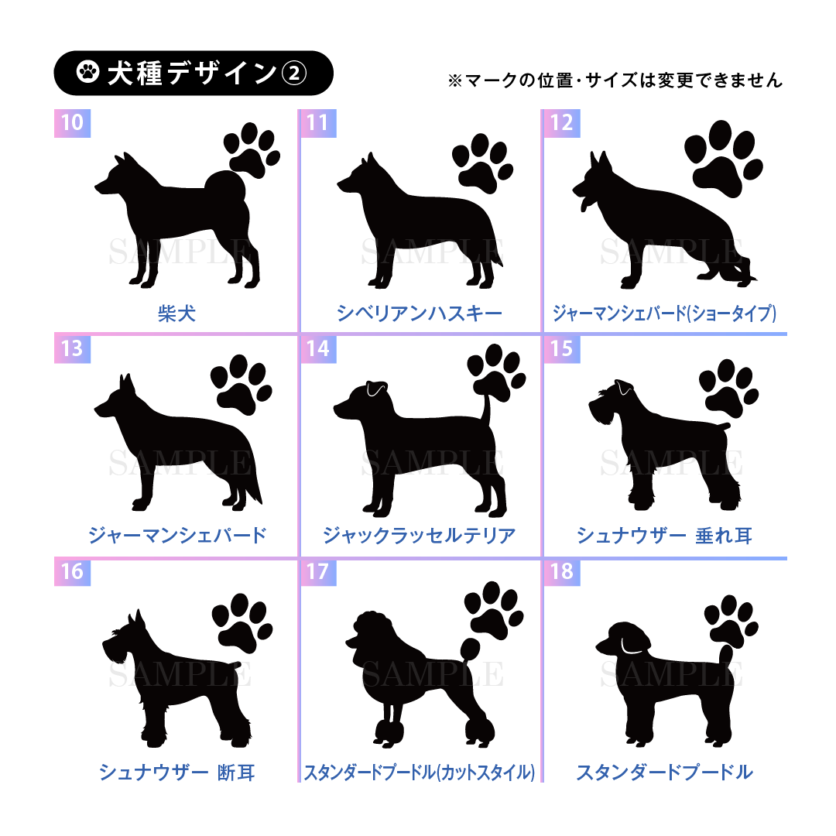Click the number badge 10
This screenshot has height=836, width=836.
point(73,123)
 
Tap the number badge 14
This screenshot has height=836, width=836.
point(318,349)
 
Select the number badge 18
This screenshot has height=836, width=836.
point(561,572)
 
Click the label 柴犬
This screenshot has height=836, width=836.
point(176,313)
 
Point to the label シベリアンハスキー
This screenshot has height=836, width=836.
point(419,313)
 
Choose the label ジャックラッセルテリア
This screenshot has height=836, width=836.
point(419,536)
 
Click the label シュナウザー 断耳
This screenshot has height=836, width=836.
point(176,772)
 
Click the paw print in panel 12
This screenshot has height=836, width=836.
point(724,159)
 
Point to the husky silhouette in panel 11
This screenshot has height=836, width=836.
point(420,221)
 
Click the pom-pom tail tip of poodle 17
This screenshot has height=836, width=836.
point(471,649)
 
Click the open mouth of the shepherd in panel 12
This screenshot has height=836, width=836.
point(584,201)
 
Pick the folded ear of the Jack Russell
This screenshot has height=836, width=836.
point(376,389)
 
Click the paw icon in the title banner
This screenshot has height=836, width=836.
point(88,72)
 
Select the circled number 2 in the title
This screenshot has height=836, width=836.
point(294,73)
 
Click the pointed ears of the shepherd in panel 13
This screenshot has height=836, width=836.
point(126,384)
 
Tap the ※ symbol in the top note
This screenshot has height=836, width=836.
point(455,81)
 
